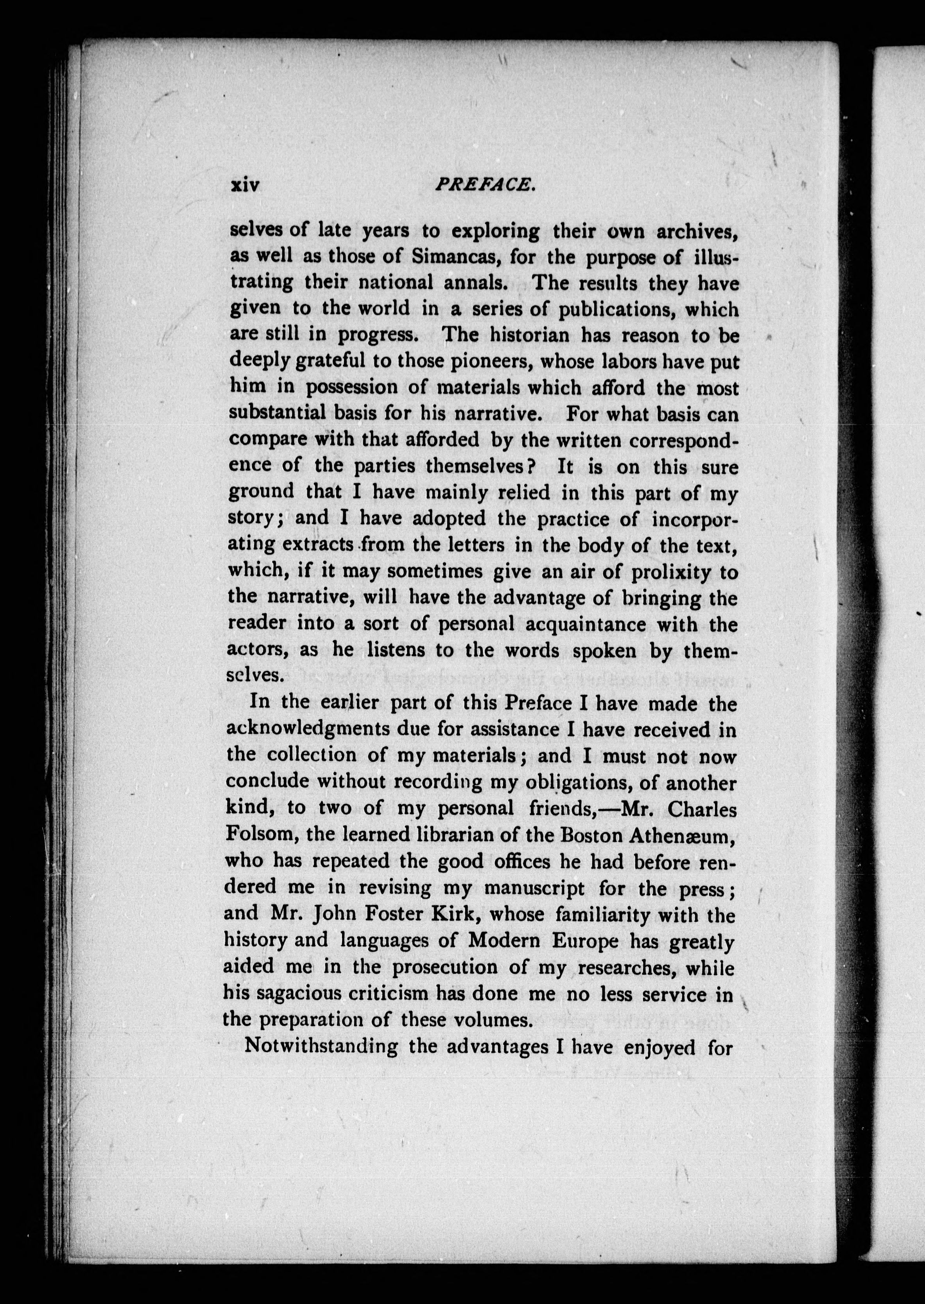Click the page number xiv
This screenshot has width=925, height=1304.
pos(244,186)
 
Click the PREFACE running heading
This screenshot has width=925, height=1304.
pos(484,184)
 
